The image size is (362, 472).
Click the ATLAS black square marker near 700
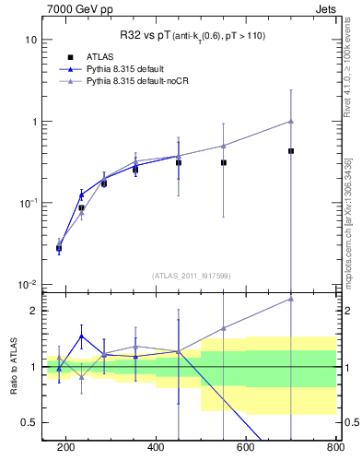point(291,151)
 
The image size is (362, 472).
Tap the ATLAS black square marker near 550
point(224,162)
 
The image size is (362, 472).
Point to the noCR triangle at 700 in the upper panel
point(291,121)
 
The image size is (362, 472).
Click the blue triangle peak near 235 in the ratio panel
point(82,336)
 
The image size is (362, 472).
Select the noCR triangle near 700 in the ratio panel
point(291,299)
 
